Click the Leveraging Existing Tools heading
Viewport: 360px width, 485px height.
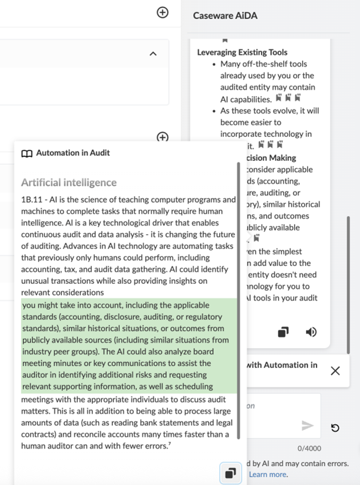click(x=242, y=52)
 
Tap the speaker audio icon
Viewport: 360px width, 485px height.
click(x=311, y=332)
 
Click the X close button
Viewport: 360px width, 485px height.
click(x=335, y=371)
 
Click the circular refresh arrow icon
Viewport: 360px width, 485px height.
click(x=335, y=428)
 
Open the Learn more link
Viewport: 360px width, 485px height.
click(x=267, y=474)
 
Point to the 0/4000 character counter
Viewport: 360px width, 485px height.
click(x=309, y=448)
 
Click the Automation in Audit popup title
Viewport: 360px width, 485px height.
click(x=73, y=153)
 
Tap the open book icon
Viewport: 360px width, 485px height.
click(x=27, y=153)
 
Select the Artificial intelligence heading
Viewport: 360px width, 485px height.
click(x=69, y=182)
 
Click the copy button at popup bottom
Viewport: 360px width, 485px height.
click(x=230, y=473)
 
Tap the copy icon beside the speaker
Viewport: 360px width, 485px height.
click(x=283, y=332)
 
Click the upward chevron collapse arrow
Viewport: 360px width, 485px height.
click(x=153, y=54)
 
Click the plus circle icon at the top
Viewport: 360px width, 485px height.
click(x=163, y=13)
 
